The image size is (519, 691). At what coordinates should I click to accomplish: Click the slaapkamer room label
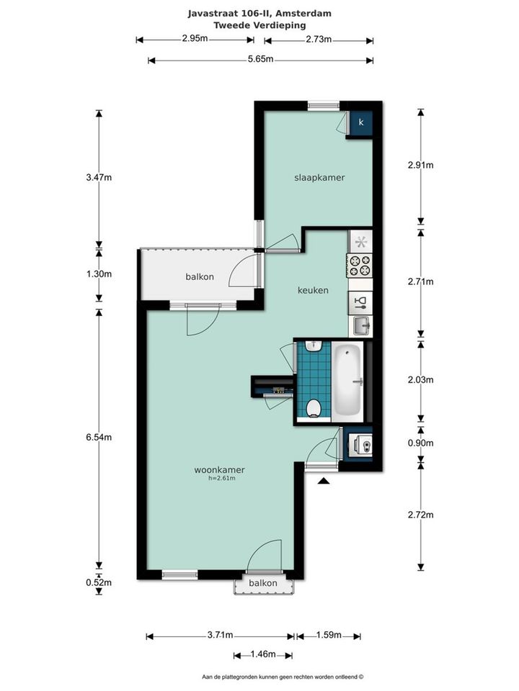(319, 178)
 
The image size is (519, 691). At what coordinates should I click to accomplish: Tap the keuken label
(313, 290)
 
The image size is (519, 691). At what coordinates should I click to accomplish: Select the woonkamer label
(219, 470)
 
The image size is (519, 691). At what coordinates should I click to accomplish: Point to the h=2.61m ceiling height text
(221, 478)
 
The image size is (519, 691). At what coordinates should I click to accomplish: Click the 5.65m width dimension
(260, 58)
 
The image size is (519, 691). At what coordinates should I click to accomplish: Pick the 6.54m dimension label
(99, 437)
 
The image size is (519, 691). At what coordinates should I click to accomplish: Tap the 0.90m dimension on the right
(420, 443)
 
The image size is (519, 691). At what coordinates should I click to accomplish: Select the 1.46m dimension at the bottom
(263, 654)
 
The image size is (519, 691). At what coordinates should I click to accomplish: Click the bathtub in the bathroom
(347, 380)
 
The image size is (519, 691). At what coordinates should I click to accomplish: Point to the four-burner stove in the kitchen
(360, 266)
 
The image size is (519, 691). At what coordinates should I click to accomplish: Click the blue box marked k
(361, 122)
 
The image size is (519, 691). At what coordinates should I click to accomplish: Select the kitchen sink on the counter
(361, 327)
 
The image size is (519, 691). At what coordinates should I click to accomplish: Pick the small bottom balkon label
(263, 583)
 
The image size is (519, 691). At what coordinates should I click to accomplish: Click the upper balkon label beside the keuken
(200, 276)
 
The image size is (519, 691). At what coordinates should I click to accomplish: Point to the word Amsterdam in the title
(303, 14)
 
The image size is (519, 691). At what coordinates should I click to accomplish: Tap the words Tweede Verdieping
(259, 25)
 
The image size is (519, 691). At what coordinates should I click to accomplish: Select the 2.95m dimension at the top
(195, 38)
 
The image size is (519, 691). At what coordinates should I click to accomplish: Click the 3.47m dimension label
(99, 178)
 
